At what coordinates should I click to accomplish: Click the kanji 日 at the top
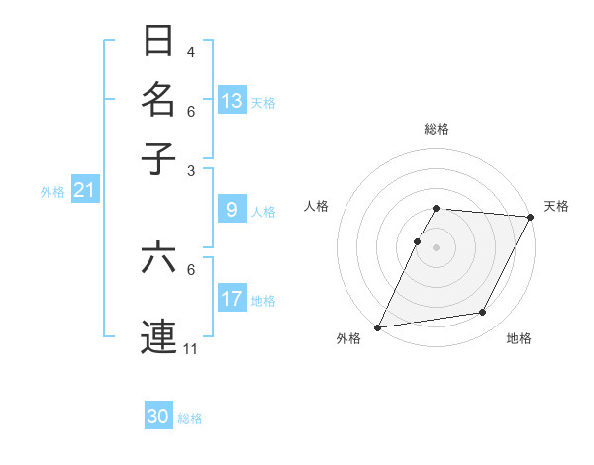click(x=158, y=42)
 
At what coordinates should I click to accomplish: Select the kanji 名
click(x=158, y=99)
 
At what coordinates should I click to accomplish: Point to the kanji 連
click(x=158, y=334)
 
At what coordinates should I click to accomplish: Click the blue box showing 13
click(x=232, y=100)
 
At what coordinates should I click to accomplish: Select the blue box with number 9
click(x=232, y=209)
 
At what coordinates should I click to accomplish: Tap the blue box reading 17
click(x=232, y=298)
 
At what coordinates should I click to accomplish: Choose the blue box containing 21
click(x=84, y=190)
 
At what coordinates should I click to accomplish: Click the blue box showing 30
click(x=158, y=417)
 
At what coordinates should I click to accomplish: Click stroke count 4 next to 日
click(x=191, y=51)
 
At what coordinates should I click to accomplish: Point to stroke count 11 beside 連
click(x=191, y=348)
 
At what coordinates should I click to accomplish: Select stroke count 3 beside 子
click(x=191, y=170)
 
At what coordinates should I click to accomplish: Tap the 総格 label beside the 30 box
click(x=191, y=418)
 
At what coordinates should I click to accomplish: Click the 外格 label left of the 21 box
click(x=51, y=192)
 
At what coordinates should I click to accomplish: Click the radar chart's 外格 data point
click(x=377, y=326)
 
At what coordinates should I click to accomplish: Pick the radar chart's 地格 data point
click(x=483, y=313)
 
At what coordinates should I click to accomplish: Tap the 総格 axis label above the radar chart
click(x=436, y=129)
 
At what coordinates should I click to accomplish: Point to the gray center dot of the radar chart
click(x=436, y=246)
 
